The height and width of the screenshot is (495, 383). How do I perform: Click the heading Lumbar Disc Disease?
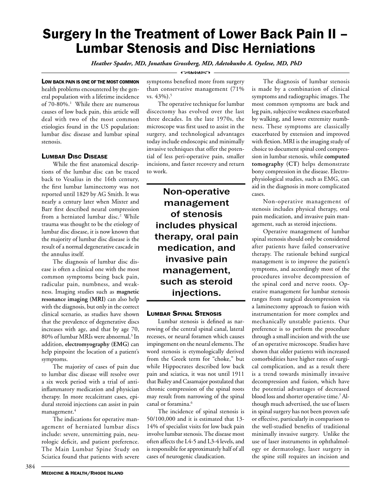click(x=74, y=156)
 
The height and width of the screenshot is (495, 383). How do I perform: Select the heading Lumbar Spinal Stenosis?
click(x=184, y=313)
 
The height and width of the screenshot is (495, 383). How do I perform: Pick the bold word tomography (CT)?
click(x=273, y=164)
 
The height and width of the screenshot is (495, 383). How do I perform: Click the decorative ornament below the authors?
click(x=191, y=72)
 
